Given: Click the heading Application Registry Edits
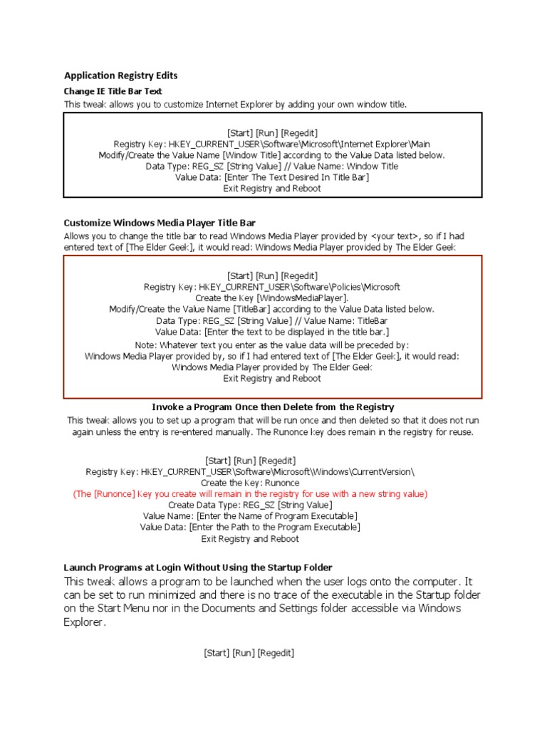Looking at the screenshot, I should pyautogui.click(x=120, y=75).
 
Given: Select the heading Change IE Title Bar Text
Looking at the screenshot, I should pyautogui.click(x=113, y=91).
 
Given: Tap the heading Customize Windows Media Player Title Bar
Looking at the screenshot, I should pyautogui.click(x=160, y=223).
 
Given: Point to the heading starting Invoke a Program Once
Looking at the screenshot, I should pyautogui.click(x=273, y=407).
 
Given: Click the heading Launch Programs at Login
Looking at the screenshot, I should pyautogui.click(x=198, y=567).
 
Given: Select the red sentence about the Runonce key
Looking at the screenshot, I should pyautogui.click(x=250, y=494).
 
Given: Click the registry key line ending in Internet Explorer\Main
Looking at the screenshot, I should pyautogui.click(x=272, y=144).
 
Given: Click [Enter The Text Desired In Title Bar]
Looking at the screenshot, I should pyautogui.click(x=296, y=177).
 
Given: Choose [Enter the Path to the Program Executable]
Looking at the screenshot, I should pyautogui.click(x=274, y=528).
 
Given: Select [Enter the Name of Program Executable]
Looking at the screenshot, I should pyautogui.click(x=277, y=516).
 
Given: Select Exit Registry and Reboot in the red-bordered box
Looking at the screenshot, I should pyautogui.click(x=272, y=379).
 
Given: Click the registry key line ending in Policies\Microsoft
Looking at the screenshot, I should pyautogui.click(x=272, y=287).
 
